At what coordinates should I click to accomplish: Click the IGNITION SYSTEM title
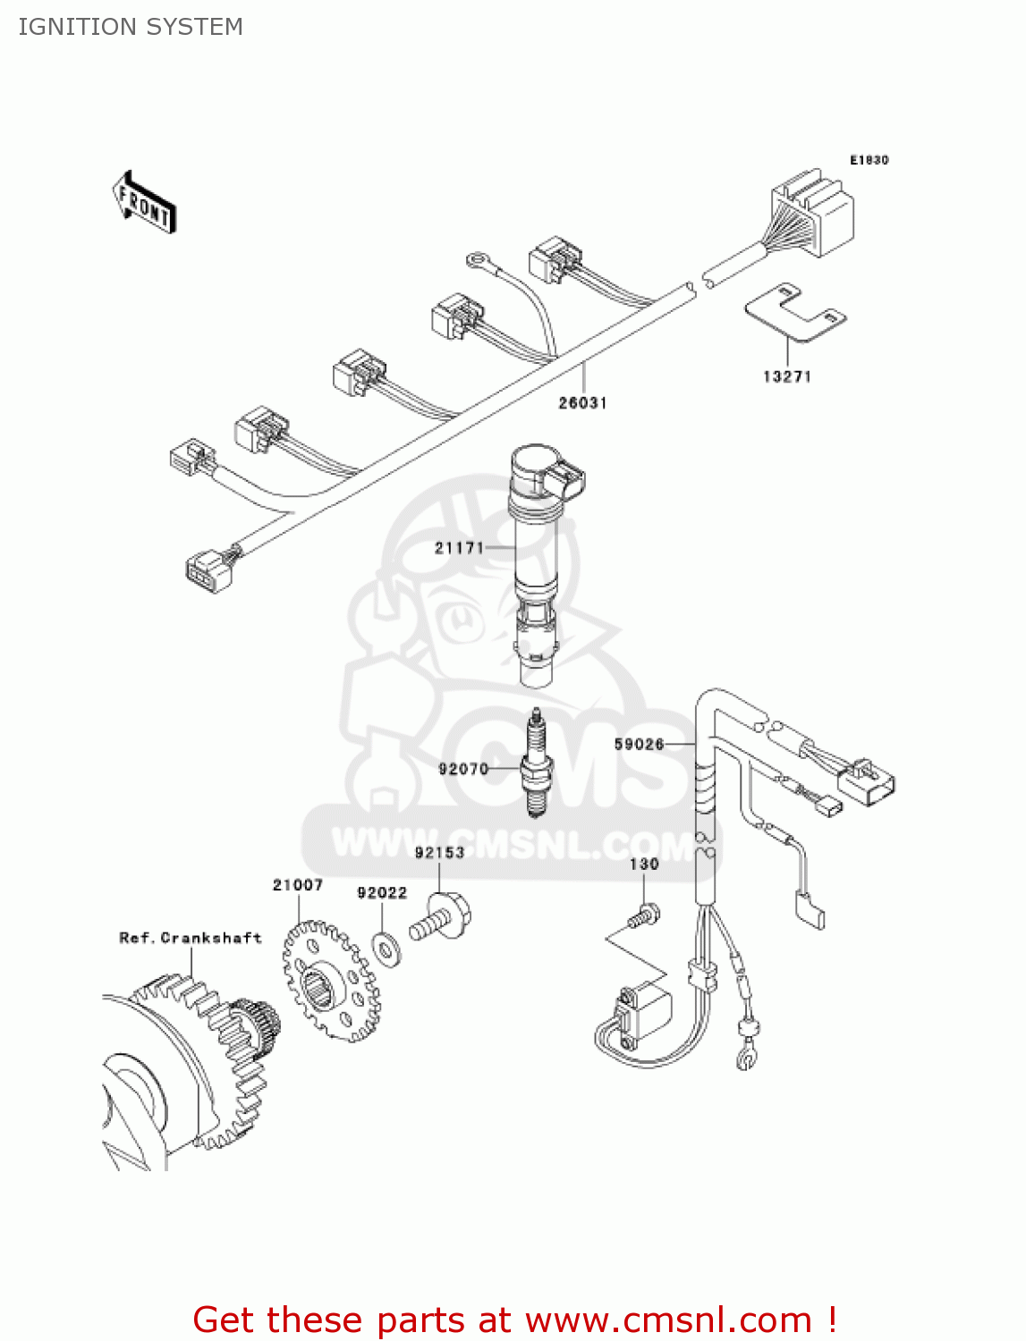click(x=131, y=27)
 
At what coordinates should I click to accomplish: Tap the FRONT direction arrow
click(x=144, y=202)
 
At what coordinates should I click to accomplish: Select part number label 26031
click(x=582, y=403)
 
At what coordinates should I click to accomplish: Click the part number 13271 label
click(x=787, y=376)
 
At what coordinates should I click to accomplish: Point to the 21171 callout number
click(x=459, y=548)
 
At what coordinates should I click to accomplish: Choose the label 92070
click(x=463, y=769)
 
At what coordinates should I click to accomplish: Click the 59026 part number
click(x=639, y=744)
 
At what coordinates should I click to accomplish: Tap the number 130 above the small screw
click(x=644, y=864)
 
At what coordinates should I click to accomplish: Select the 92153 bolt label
click(x=439, y=853)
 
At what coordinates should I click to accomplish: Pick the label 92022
click(x=382, y=893)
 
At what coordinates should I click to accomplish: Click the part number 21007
click(x=298, y=885)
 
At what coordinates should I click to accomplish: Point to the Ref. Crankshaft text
click(x=191, y=938)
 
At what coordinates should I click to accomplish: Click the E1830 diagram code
click(x=869, y=160)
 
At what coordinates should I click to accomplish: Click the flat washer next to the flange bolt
click(x=386, y=948)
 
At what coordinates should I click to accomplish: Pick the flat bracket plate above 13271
click(x=795, y=312)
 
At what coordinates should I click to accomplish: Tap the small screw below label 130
click(x=643, y=915)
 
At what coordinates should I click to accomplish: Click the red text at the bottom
click(x=514, y=1320)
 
